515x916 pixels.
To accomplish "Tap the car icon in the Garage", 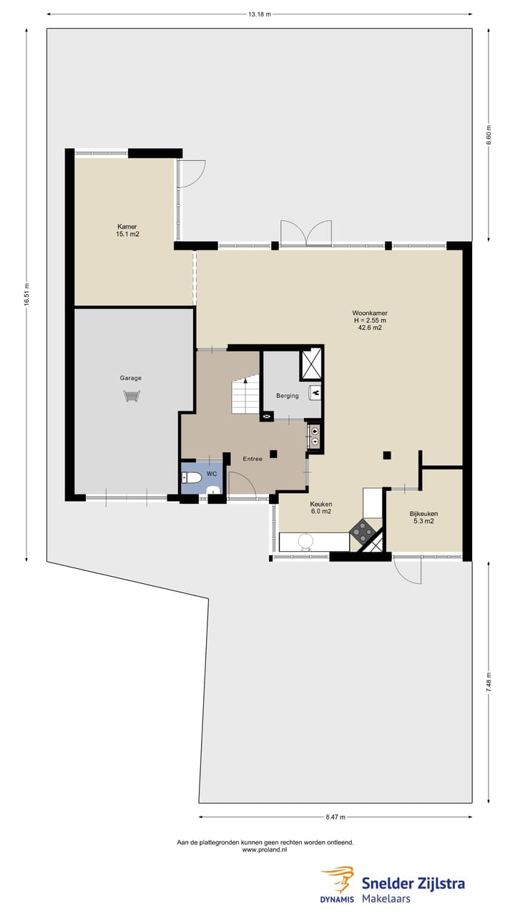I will pos(132,395).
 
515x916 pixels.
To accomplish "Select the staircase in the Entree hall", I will pos(245,395).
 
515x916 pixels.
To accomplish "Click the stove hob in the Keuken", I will pos(363,531).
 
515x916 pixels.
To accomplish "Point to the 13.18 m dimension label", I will pos(259,14).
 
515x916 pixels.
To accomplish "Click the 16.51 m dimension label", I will pos(26,295).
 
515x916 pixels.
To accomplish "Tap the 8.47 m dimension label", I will pos(335,817).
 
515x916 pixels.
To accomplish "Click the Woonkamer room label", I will pos(370,321).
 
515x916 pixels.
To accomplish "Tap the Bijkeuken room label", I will pos(423,517).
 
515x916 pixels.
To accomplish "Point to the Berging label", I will pos(288,396).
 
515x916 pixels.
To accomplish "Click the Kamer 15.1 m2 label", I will pos(127,230).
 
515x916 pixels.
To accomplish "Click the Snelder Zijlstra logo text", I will pos(413,883).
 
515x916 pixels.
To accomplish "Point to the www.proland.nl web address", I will pos(265,850).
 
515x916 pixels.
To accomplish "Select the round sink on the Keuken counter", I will pos(306,542).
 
